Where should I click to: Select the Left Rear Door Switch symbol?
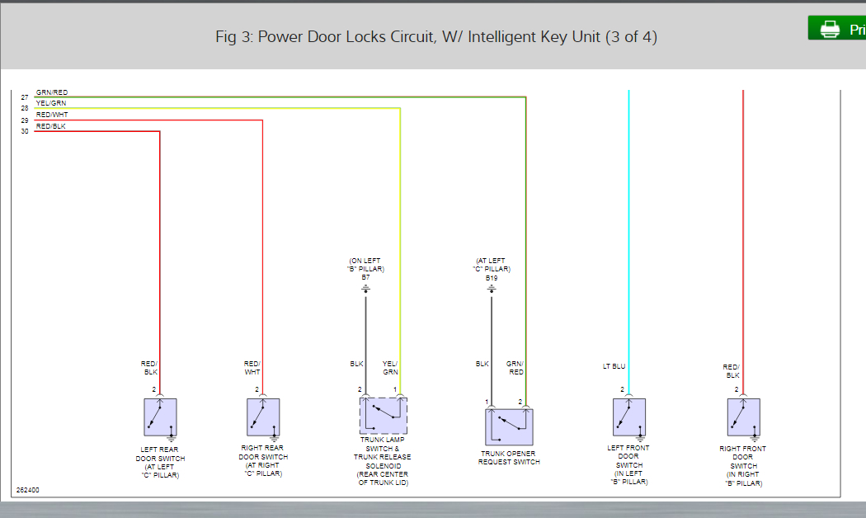(160, 417)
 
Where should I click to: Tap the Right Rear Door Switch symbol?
(263, 417)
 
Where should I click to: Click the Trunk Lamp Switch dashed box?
(383, 416)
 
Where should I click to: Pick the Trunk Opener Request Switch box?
(509, 427)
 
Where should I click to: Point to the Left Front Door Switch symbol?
(629, 417)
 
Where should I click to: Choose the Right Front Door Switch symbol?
(743, 417)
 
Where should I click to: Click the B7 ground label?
(365, 278)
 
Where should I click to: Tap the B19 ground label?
(492, 278)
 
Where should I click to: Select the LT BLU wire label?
(614, 366)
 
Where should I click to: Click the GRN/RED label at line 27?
(52, 92)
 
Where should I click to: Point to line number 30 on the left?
(25, 131)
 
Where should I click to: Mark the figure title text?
(435, 37)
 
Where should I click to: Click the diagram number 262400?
(28, 490)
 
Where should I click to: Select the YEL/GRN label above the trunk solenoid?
(391, 368)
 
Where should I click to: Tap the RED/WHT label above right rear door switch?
(252, 368)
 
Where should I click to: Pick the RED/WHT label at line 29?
(52, 115)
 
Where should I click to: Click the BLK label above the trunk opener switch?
(482, 364)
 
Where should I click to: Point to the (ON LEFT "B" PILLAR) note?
(365, 265)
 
